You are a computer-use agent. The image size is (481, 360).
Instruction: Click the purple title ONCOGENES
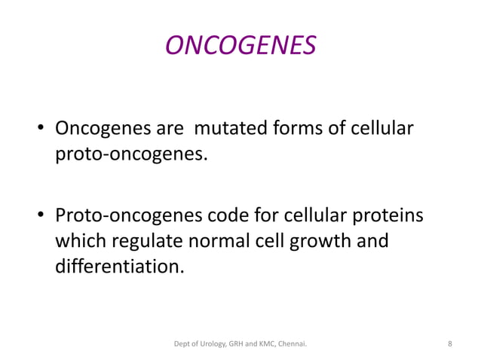(240, 47)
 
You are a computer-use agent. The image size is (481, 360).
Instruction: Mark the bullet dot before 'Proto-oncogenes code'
(42, 218)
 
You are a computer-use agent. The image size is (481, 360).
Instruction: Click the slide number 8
(449, 344)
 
